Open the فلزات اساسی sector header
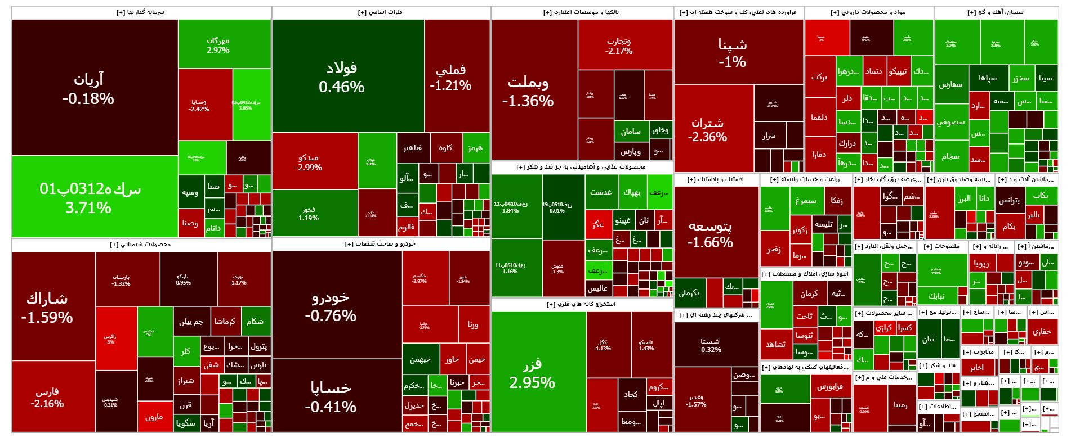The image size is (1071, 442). [381, 12]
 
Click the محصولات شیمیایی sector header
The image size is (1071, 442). [141, 245]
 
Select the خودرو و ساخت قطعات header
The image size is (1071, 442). [381, 244]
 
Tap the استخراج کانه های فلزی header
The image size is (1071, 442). [582, 304]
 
